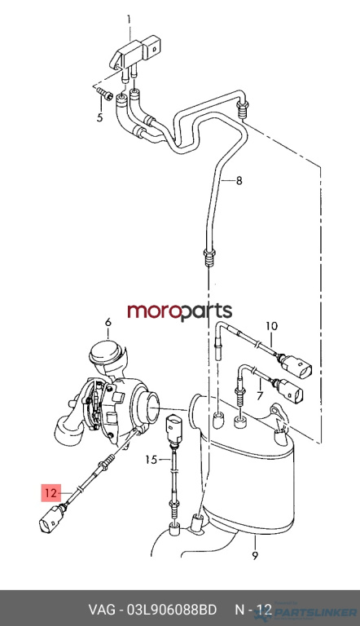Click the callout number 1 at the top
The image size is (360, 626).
click(129, 20)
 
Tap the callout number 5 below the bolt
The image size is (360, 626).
click(100, 117)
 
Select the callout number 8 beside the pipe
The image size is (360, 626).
click(239, 181)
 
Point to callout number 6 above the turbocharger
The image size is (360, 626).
click(108, 322)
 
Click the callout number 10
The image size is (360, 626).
click(271, 326)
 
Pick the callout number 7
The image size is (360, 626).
click(260, 395)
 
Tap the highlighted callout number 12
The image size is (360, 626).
click(51, 492)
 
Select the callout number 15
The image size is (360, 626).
click(151, 460)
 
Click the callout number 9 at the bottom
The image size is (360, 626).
click(255, 555)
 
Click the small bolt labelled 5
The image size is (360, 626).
click(104, 95)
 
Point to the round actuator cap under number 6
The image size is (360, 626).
click(106, 352)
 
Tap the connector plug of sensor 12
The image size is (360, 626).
click(51, 519)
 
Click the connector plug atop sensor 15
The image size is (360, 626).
click(174, 428)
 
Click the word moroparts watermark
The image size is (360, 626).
click(180, 311)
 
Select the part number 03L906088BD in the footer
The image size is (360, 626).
click(172, 610)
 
